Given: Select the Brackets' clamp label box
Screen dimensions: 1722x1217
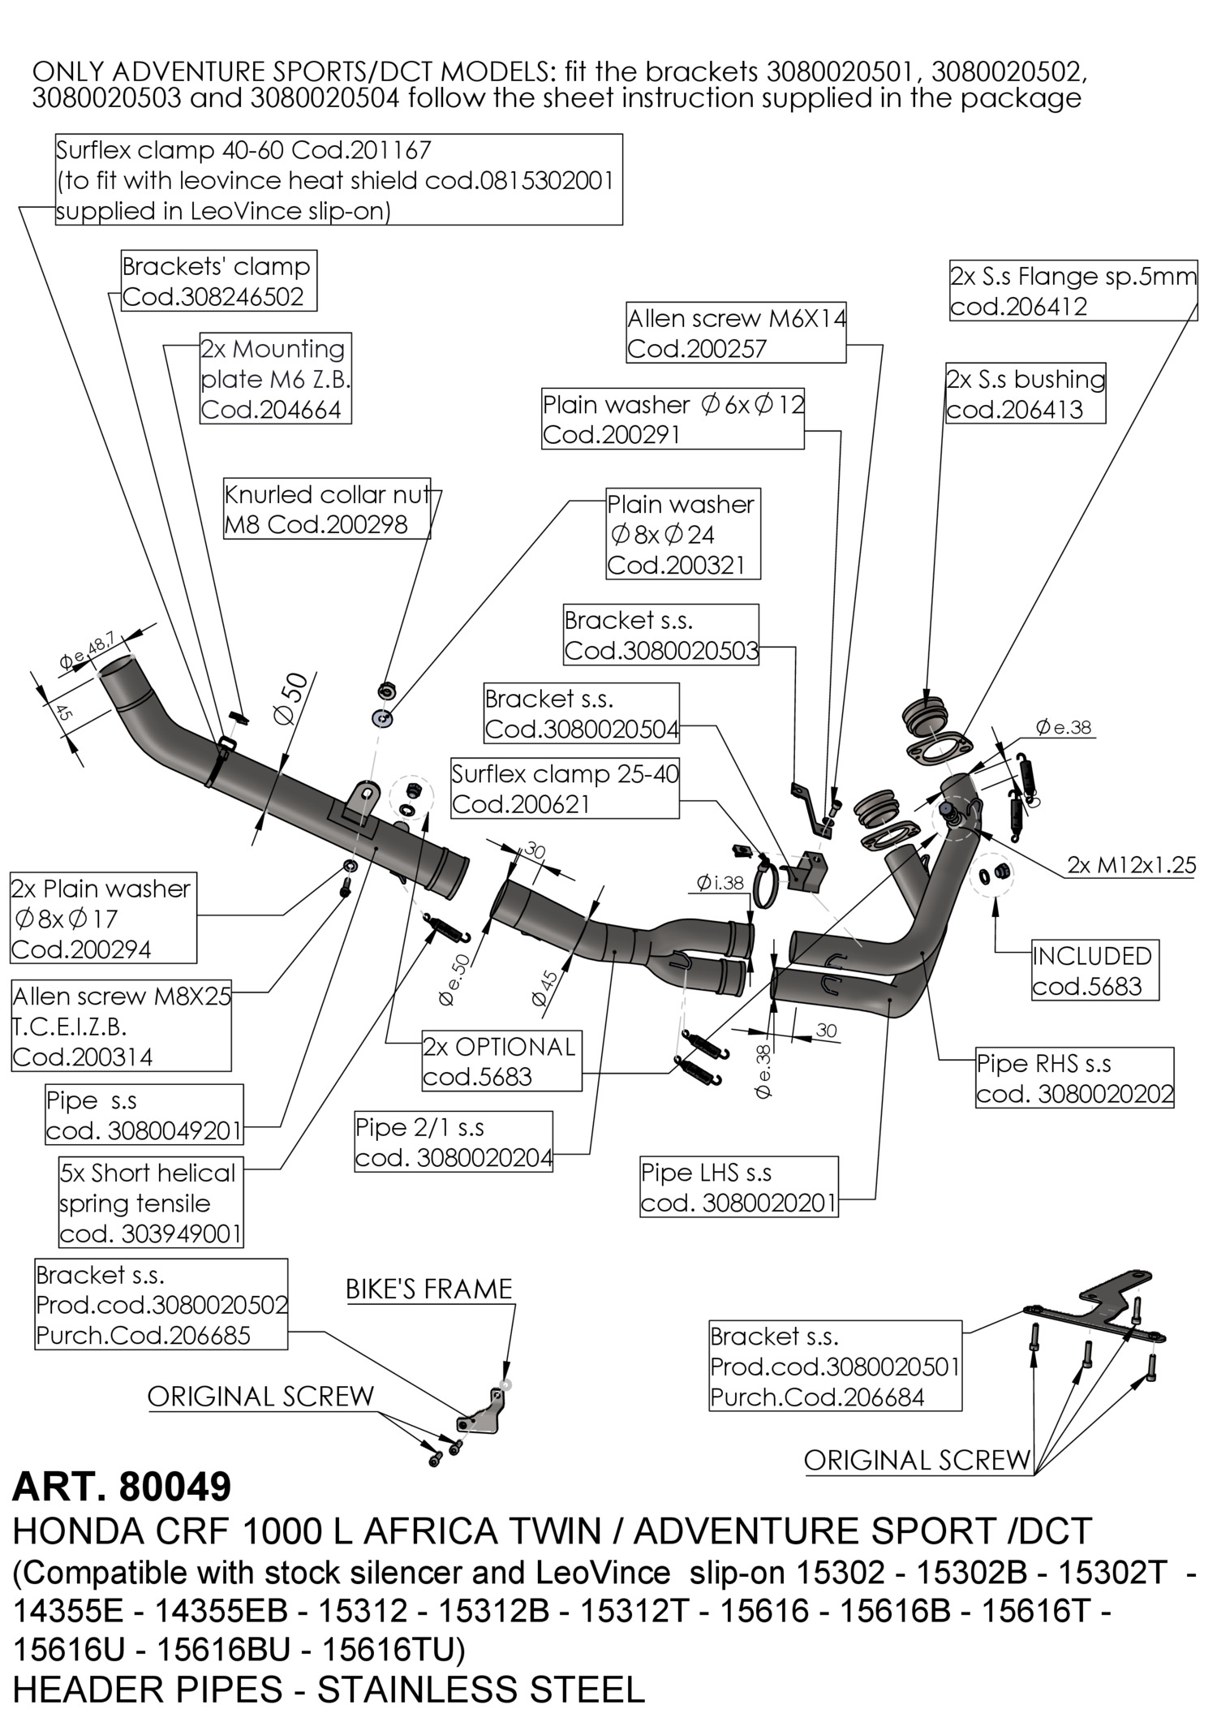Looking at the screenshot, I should click(217, 281).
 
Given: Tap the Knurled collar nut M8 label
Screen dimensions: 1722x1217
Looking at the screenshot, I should click(326, 509).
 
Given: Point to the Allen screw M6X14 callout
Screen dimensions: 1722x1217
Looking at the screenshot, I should click(736, 333).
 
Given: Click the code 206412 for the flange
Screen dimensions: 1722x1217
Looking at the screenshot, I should click(1018, 307).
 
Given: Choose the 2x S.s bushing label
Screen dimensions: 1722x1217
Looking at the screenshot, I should click(1025, 394).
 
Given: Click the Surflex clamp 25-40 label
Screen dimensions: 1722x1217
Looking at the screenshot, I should click(565, 789).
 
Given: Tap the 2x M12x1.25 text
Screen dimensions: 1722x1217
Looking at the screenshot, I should click(1131, 865).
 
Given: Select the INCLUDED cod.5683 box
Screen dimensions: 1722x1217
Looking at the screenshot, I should click(1092, 971).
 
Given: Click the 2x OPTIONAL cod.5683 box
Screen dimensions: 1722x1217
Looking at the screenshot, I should click(501, 1061).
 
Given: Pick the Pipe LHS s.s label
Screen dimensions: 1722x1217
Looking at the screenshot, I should click(738, 1187).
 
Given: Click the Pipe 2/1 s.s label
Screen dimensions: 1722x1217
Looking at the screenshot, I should click(454, 1142).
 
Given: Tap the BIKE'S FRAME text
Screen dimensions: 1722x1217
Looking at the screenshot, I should click(428, 1289).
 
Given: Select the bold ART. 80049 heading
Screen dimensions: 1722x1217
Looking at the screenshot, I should click(122, 1487).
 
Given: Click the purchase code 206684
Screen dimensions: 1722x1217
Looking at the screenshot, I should click(817, 1397).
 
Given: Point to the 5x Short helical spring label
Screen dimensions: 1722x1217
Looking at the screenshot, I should click(150, 1203).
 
